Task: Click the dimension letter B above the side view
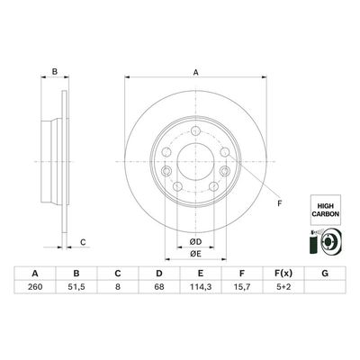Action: tap(54, 72)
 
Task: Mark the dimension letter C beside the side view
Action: tap(83, 241)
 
